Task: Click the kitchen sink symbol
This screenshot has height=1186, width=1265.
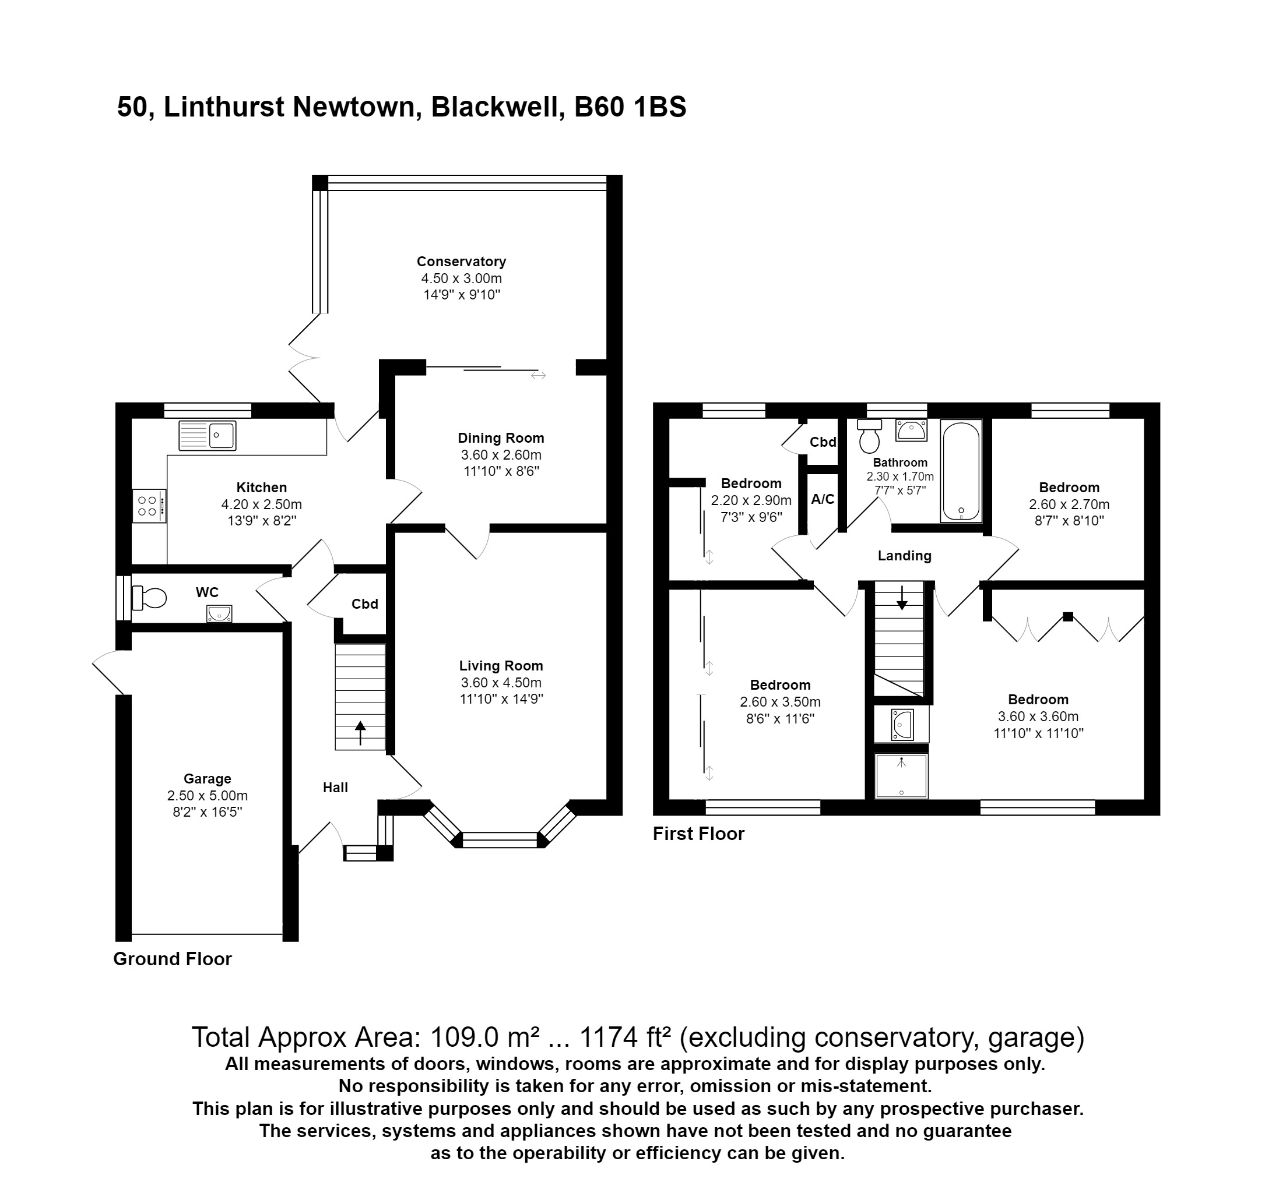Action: coord(208,436)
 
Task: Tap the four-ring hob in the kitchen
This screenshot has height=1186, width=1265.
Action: coord(149,506)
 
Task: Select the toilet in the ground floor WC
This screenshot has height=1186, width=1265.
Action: coord(150,598)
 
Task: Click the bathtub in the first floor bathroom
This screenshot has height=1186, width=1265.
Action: coord(961,471)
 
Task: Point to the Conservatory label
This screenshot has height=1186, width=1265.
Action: coord(461,262)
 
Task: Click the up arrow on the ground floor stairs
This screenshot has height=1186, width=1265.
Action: coord(360,732)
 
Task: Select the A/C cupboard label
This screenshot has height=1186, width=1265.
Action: coord(822,499)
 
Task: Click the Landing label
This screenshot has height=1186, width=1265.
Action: coord(904,556)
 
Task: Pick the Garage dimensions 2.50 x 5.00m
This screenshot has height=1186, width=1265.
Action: coord(208,796)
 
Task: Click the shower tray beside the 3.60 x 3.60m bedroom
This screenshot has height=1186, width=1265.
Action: coord(901,776)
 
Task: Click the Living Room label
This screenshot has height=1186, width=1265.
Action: coord(501,666)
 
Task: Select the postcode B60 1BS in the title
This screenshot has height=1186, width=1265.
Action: coord(630,107)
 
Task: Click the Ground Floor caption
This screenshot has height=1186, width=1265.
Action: coord(173,959)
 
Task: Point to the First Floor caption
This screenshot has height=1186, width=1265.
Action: coord(698,834)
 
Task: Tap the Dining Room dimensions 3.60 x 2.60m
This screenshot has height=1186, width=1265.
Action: coord(501,455)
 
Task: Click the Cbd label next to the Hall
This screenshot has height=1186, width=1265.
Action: coord(364,604)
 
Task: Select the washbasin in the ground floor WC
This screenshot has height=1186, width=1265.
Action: coord(219,613)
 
